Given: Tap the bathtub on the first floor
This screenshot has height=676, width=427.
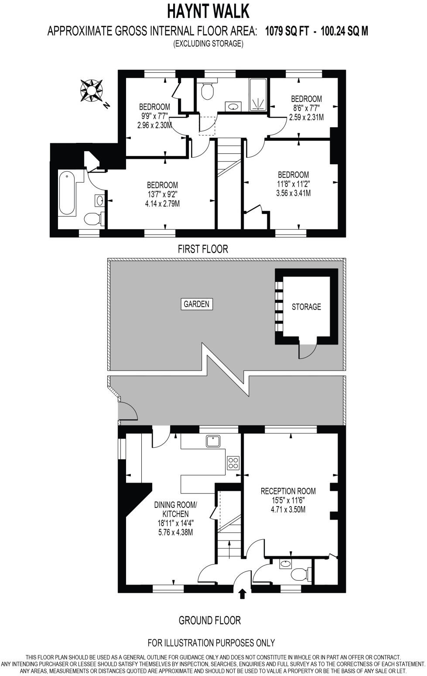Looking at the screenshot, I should (67, 193).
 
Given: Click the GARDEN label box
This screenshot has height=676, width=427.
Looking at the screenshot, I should (196, 304).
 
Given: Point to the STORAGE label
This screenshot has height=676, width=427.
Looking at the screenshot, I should (306, 307).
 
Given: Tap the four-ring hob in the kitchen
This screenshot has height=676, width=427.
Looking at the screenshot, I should (233, 463).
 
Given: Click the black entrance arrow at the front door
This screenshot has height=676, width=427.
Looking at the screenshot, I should (243, 594).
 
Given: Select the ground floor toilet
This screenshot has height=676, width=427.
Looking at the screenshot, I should (300, 575).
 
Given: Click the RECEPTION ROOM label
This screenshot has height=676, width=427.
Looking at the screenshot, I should (288, 491).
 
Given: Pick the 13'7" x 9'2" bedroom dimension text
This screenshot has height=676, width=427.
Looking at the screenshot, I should (162, 194).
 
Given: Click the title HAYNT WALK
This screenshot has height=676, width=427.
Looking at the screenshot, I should (208, 11).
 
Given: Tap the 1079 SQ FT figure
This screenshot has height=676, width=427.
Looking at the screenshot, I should (287, 31).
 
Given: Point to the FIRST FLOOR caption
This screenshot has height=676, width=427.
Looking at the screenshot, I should (203, 249).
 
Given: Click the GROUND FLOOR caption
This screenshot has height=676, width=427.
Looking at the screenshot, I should (209, 620).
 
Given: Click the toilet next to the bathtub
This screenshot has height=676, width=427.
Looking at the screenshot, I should (92, 218).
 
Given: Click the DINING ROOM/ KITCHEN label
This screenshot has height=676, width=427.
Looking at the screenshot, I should (175, 509).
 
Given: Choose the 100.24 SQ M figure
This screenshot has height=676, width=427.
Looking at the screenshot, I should (344, 31).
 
